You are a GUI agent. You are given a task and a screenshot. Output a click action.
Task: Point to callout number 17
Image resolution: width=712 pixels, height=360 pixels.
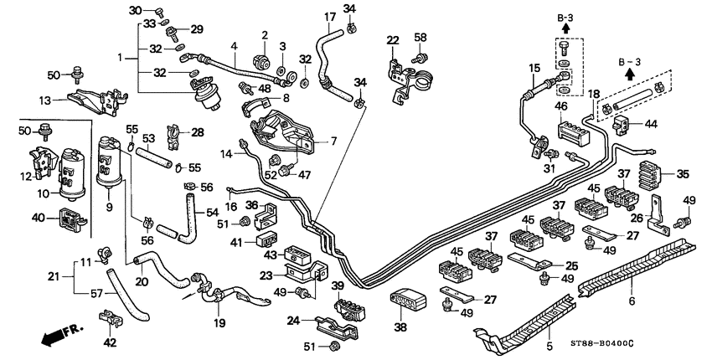pyautogui.click(x=329, y=17)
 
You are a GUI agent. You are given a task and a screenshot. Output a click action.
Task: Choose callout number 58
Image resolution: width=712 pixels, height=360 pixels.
pyautogui.click(x=420, y=38)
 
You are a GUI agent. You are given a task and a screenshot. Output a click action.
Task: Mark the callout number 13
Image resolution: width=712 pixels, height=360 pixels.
pyautogui.click(x=45, y=100)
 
